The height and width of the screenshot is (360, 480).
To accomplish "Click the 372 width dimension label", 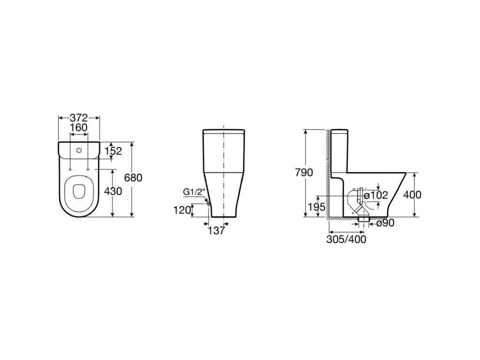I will point(79,118).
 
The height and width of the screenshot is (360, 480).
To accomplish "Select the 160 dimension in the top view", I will point(79,127).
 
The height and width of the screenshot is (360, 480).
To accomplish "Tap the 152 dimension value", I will point(113,151).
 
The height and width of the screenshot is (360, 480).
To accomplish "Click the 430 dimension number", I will point(113,191).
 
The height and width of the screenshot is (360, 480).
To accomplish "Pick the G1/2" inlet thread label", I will point(194,192).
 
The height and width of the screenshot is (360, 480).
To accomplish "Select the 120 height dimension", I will point(182,210).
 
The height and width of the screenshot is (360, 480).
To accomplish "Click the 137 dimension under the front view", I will point(216,231).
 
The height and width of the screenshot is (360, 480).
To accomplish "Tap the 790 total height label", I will point(304,172).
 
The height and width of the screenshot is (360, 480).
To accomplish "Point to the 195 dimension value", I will point(317,207).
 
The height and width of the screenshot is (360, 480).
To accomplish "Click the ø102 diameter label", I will point(376,195).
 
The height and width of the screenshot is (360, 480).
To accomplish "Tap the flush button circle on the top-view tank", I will point(79,151).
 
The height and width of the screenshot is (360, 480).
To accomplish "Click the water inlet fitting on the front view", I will point(207,202).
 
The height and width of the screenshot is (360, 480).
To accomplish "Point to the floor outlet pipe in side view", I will point(364,218).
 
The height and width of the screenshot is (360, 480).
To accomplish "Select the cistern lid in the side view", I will point(339,130).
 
